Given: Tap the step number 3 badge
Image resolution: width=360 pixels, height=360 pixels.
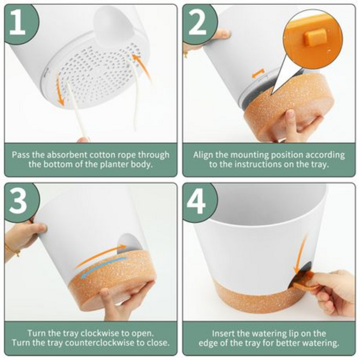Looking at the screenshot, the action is click(20, 201).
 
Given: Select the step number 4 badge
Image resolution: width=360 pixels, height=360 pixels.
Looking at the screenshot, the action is click(199, 201).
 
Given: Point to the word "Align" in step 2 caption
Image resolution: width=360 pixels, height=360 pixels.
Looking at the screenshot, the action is click(203, 155).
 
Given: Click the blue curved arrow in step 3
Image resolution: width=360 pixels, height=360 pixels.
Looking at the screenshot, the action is click(103, 266).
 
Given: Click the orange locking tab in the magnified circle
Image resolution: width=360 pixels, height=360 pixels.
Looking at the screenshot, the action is click(315, 36).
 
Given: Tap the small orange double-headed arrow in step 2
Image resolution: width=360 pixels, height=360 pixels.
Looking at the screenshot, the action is click(257, 74).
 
